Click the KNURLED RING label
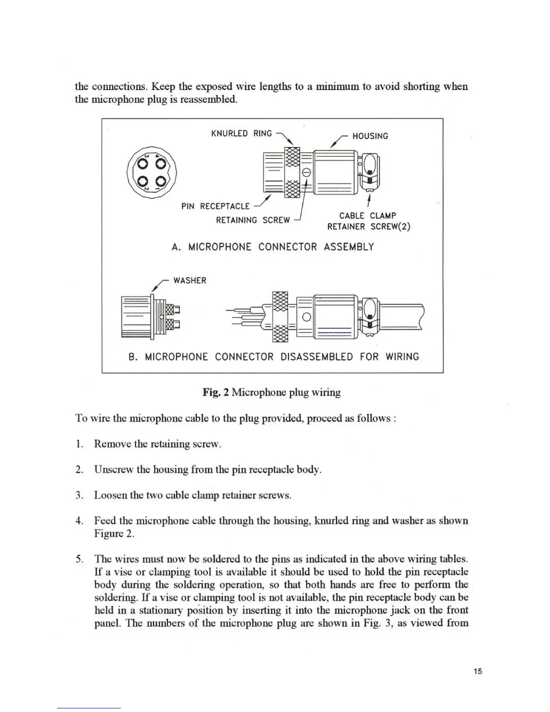pos(241,133)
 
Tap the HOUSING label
pos(370,136)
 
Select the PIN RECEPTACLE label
pos(215,206)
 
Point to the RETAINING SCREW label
pos(253,220)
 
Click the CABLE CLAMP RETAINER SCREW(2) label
pos(368,221)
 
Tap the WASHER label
pos(190,280)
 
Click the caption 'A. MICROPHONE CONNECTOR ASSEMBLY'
pos(273,247)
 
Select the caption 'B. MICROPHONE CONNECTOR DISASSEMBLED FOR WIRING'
pos(274,357)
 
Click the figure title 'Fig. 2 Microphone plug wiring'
pos(271,392)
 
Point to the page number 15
pos(477,671)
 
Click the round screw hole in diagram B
pos(306,316)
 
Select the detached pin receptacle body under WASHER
pos(148,316)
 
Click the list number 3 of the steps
pos(80,495)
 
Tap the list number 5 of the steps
pos(80,559)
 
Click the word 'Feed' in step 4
pos(104,521)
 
